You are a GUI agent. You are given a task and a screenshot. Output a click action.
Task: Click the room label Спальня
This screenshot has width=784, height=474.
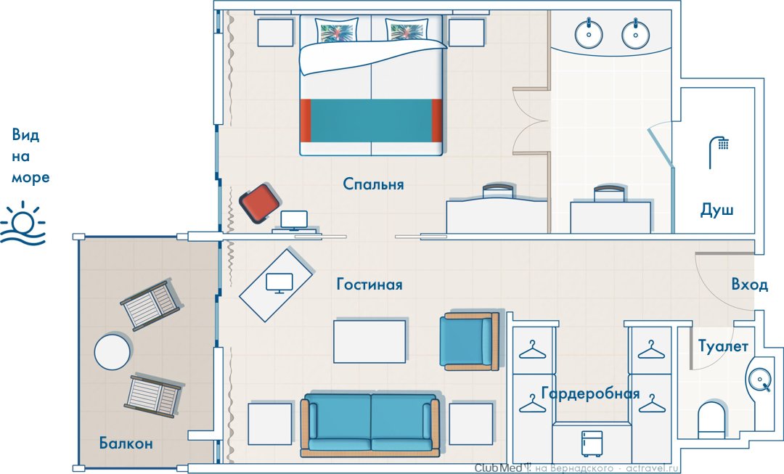point(373,184)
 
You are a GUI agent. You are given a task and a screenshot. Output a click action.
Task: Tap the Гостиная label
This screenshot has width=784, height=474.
point(369,284)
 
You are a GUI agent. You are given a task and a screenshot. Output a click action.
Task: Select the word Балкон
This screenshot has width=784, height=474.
point(126,443)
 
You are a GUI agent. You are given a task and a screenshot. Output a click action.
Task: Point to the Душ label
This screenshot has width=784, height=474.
point(716,210)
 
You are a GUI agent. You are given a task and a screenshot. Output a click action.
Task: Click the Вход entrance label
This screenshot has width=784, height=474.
point(749,284)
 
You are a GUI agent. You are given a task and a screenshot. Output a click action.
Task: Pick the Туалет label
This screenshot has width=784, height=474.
point(723,346)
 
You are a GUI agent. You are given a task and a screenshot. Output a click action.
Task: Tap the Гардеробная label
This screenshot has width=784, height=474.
point(590,393)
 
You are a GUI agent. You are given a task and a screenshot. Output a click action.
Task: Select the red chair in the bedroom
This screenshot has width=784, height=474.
point(259,203)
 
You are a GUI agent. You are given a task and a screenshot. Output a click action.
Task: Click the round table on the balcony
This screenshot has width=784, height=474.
point(113,351)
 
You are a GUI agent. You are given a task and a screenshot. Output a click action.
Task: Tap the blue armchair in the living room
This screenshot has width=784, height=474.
point(469,341)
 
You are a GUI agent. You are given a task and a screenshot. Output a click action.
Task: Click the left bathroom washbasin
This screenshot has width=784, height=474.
point(589,33)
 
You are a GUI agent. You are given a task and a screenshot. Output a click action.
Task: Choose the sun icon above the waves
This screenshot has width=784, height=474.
point(23,218)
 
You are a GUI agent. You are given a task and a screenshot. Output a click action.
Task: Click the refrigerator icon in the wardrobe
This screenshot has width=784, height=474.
point(590,443)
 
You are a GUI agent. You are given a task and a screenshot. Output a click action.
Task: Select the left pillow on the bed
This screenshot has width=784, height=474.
point(337,30)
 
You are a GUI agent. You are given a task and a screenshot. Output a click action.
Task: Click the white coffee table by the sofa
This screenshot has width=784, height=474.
point(369,341)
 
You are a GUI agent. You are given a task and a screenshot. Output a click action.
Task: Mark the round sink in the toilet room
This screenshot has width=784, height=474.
point(759,377)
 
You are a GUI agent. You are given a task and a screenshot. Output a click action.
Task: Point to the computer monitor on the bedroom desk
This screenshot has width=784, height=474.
point(294,220)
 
